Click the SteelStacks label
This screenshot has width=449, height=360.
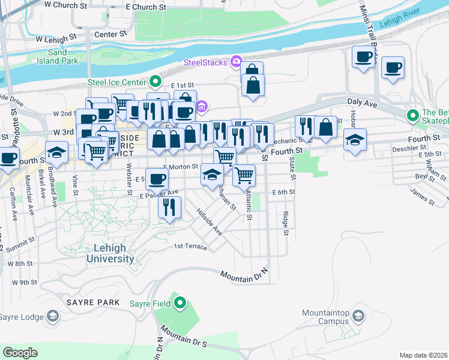point(205,62)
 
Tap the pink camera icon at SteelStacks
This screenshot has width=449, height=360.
point(235,61)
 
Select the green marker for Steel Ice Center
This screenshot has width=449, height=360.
point(155,82)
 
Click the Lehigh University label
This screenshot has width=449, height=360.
point(110,253)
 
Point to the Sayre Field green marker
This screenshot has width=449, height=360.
point(179,304)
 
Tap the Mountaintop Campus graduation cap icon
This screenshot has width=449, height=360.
point(358,316)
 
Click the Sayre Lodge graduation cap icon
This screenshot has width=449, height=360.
point(53,316)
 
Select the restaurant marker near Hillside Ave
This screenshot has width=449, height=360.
point(169,207)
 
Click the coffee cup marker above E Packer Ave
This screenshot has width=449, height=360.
point(157,178)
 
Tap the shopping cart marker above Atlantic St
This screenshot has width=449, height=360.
point(244,175)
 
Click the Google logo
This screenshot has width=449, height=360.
point(20,353)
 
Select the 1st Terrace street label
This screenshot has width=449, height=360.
point(190,247)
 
